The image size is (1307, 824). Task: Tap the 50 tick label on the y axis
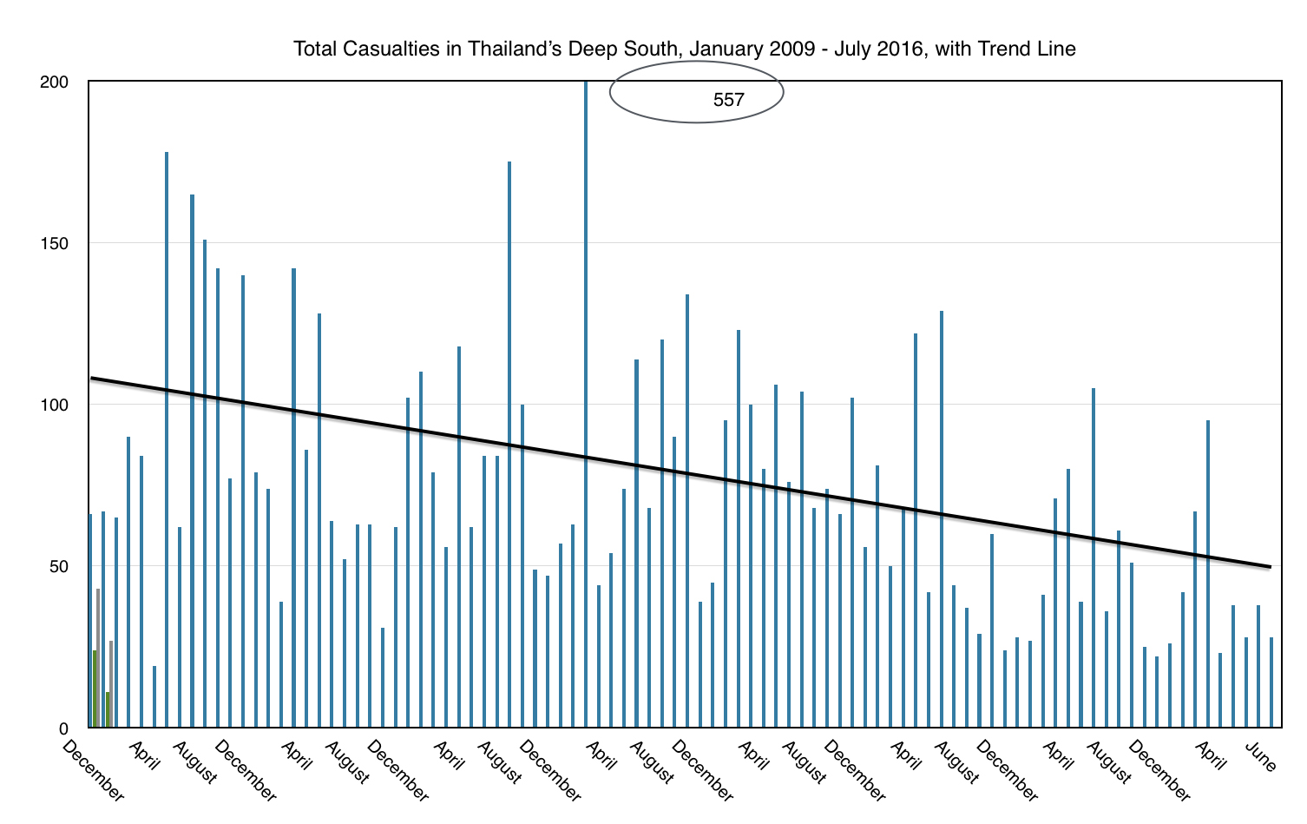58,566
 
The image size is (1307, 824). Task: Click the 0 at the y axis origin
63,728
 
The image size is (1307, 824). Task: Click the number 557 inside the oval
728,100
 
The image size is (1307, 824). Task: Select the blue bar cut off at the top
586,347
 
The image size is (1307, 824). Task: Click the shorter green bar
108,709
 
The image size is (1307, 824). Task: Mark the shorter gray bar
111,684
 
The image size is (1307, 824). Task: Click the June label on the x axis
1261,757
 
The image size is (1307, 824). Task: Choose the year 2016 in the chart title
899,49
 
